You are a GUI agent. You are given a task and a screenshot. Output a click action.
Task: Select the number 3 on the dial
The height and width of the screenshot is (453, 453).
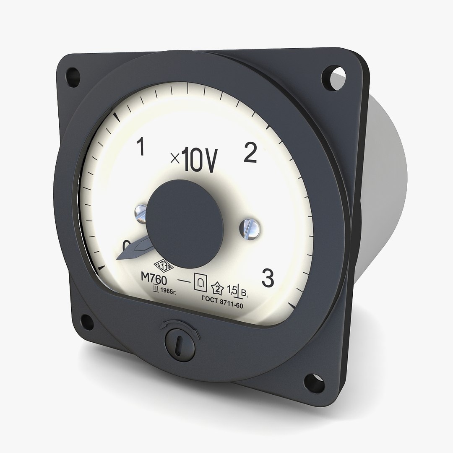pos(268,278)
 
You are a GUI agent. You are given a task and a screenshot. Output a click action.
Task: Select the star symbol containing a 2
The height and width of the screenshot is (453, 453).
pos(218,288)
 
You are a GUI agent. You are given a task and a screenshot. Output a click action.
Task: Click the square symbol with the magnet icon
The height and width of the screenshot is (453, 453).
pos(200,282)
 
